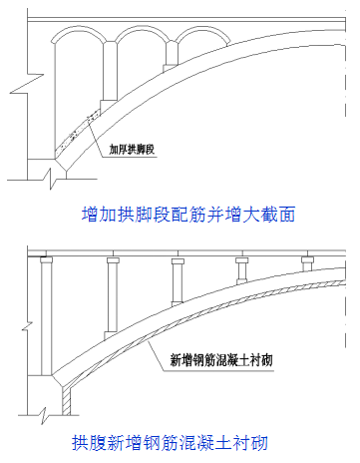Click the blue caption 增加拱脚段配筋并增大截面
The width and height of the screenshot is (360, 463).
click(x=187, y=214)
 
